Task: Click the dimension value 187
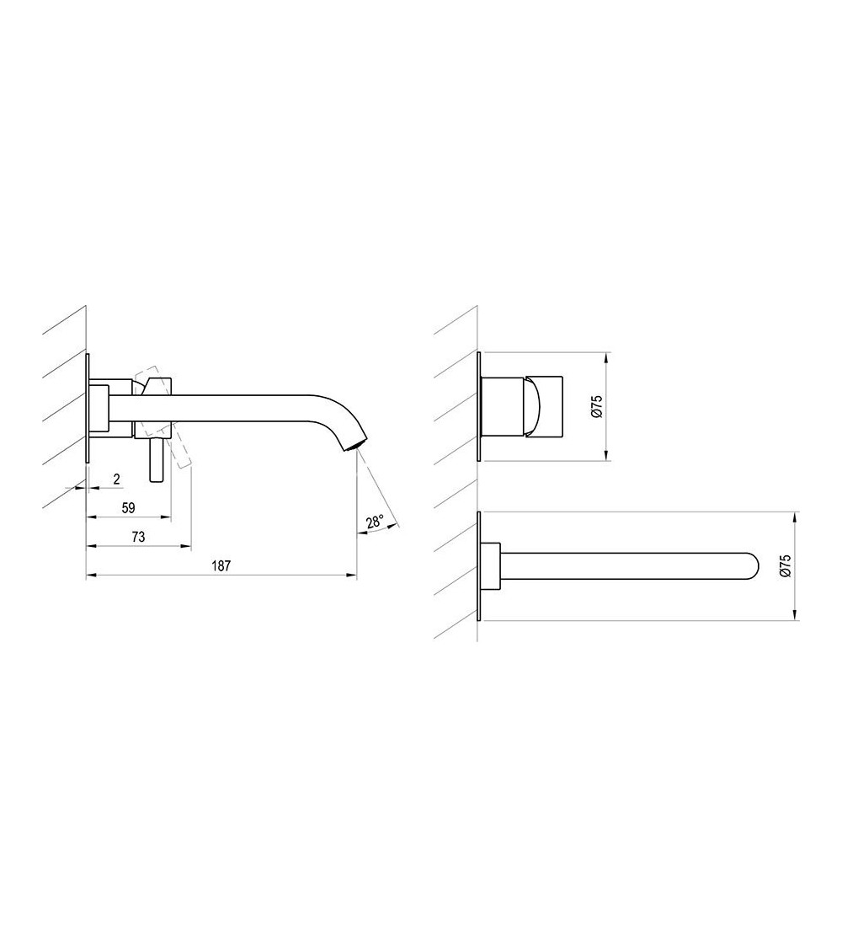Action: [x=221, y=566]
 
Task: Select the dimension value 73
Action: [x=138, y=537]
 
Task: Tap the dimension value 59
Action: [x=128, y=508]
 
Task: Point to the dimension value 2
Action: [x=116, y=479]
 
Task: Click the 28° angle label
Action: [x=375, y=521]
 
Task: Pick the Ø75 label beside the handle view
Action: [x=597, y=406]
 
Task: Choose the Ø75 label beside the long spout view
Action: [x=785, y=566]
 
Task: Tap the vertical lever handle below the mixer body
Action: [x=157, y=460]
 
